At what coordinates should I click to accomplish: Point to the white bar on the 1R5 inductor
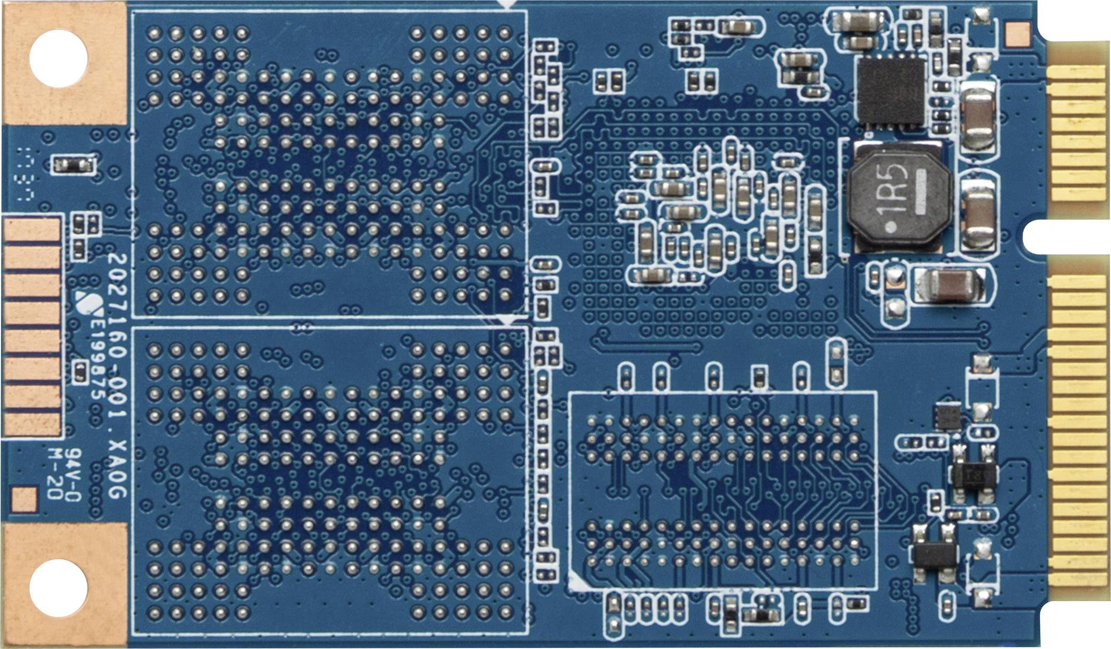pos(921,192)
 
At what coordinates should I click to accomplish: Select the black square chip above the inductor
pos(890,93)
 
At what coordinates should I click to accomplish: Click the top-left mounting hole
pos(58,58)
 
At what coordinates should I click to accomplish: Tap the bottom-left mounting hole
pos(58,588)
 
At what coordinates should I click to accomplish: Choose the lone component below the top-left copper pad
pos(73,165)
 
